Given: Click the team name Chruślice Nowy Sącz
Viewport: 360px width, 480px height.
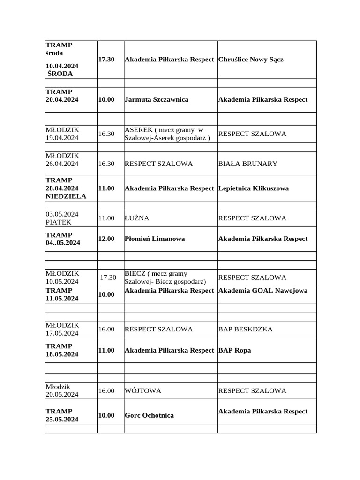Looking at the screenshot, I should [251, 60].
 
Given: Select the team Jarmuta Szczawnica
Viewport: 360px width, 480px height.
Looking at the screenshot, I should [157, 100].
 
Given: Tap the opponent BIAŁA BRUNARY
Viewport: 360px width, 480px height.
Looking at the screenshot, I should [247, 164].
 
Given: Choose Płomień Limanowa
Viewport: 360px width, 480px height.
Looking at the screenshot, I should [155, 239].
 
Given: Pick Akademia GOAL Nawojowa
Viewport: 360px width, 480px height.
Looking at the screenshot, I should [263, 291].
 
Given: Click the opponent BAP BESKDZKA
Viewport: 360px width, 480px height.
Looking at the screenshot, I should [245, 329].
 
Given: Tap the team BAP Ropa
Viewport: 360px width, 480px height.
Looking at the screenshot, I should [234, 350].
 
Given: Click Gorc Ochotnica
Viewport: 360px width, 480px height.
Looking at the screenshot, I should [149, 415].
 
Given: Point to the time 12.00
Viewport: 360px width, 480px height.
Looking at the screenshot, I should [106, 239].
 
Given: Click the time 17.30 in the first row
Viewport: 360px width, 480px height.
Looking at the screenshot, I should [106, 60].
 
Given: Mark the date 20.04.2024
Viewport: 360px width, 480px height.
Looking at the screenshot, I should [62, 100].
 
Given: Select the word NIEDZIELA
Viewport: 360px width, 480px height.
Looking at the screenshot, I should [66, 196].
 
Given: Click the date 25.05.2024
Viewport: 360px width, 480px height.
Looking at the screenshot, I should [62, 420].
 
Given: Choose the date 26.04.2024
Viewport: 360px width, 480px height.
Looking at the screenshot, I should [62, 164].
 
